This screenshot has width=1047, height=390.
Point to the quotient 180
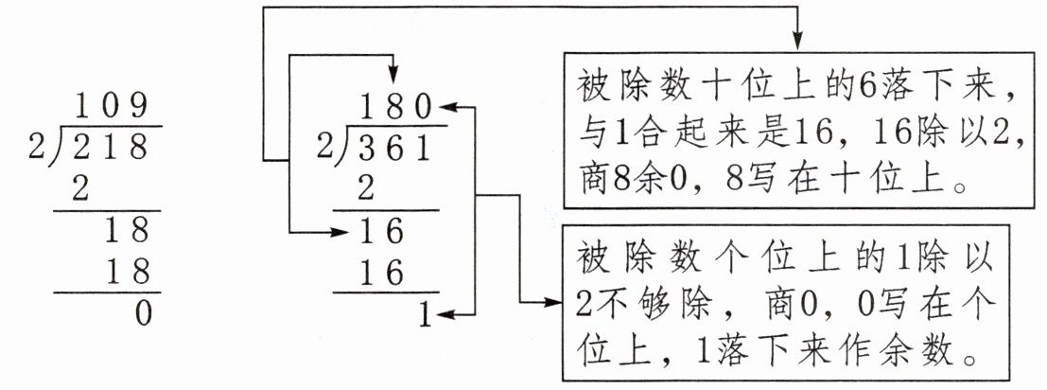(x=395, y=105)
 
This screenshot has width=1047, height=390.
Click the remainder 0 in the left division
(x=142, y=313)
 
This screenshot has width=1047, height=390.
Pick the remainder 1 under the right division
(x=425, y=315)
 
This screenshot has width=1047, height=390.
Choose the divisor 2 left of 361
(x=324, y=148)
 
